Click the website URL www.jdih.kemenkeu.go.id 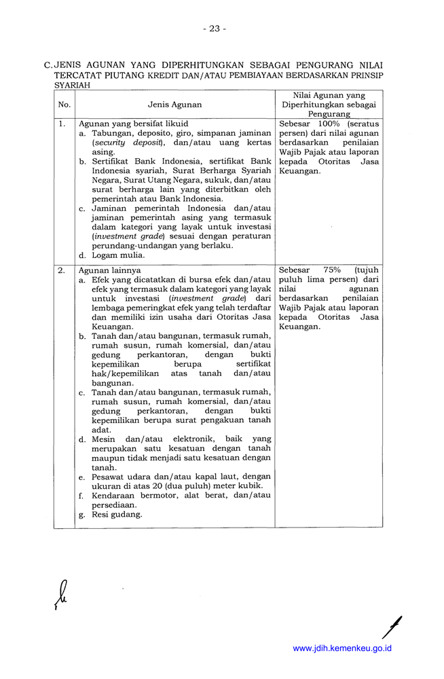[x=342, y=648]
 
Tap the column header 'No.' [x=64, y=105]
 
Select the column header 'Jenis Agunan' [x=174, y=105]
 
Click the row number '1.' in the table [x=62, y=124]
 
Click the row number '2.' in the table [x=62, y=270]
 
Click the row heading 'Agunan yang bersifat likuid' [x=134, y=124]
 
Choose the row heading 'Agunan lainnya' [x=110, y=270]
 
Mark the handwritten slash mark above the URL [x=391, y=626]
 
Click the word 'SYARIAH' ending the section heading [x=72, y=86]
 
